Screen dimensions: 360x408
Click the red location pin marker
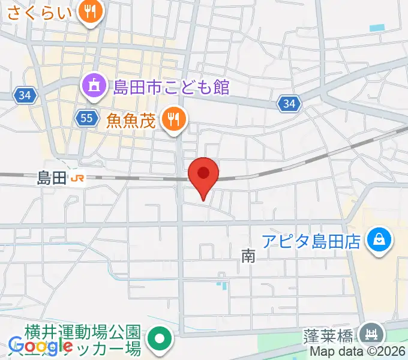[x=203, y=175]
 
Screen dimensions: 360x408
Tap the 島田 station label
[x=51, y=178]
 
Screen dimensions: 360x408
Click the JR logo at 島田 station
[x=77, y=178]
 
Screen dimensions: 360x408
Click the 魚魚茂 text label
[x=131, y=121]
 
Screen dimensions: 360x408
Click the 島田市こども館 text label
[x=171, y=87]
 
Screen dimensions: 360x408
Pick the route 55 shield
[x=87, y=118]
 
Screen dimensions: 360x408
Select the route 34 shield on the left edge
[x=25, y=95]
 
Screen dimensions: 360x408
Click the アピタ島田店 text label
[x=311, y=242]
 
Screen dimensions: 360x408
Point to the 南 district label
[x=248, y=257]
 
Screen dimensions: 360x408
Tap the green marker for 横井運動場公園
[x=160, y=339]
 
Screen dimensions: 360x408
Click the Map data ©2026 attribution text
[x=358, y=353]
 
